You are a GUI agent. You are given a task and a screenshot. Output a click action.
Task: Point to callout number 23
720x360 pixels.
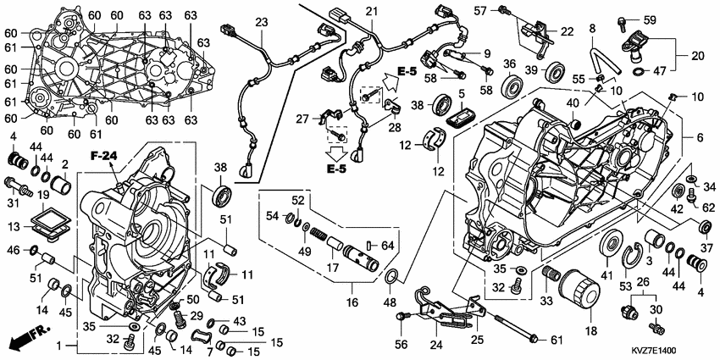tap(261, 21)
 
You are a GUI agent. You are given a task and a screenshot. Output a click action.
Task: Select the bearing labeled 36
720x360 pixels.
tap(512, 86)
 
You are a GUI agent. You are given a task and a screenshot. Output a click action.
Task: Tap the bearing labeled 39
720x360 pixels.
tap(556, 69)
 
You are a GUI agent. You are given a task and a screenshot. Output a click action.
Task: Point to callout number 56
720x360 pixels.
tap(401, 345)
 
